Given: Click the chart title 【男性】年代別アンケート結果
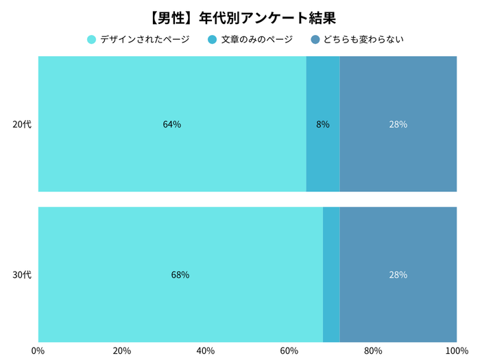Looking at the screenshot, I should (x=239, y=16).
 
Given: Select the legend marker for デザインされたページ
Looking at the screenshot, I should (x=91, y=40).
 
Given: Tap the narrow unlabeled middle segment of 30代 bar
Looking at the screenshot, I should (x=331, y=274).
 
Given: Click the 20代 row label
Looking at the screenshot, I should (x=23, y=124).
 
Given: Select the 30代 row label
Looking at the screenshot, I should (x=23, y=275).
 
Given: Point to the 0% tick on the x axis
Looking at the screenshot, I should (x=38, y=350).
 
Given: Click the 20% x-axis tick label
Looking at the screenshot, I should (x=122, y=350).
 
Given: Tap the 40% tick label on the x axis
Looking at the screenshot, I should (x=206, y=350).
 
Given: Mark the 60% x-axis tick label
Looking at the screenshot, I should (x=289, y=350).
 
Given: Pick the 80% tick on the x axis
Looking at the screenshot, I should (x=373, y=350).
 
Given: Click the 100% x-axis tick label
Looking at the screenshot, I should (x=456, y=350).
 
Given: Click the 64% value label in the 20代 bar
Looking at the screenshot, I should (x=172, y=124).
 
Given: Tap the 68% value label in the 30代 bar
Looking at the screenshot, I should (x=180, y=275).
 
